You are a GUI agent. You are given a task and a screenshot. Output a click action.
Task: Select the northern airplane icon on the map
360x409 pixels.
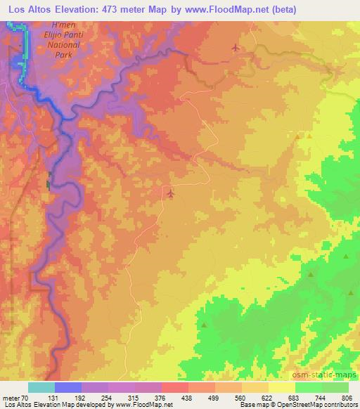coord(235,48)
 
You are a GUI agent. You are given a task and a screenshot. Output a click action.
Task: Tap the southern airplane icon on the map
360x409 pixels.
coord(170,191)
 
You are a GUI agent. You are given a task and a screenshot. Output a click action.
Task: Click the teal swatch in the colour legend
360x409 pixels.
coord(41,387)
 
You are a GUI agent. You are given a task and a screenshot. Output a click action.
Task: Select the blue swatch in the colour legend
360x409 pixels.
coord(68,387)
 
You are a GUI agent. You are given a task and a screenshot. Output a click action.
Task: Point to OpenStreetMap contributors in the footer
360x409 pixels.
coord(319,404)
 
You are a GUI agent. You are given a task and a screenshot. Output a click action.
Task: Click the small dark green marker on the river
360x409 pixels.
coord(49,183)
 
